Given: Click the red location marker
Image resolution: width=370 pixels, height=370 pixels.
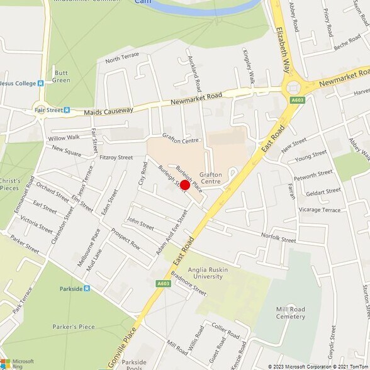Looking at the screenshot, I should point(185,185).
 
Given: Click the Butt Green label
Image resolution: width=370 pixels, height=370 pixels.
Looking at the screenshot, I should point(61,76).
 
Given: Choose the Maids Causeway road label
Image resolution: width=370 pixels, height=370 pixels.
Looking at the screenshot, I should point(108,111).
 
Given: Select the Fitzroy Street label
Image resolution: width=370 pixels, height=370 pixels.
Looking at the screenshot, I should point(116,157).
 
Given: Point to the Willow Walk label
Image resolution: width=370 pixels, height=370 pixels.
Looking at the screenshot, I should point(64,137).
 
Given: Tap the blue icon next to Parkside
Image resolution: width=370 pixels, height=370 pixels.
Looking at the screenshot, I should point(86,288).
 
